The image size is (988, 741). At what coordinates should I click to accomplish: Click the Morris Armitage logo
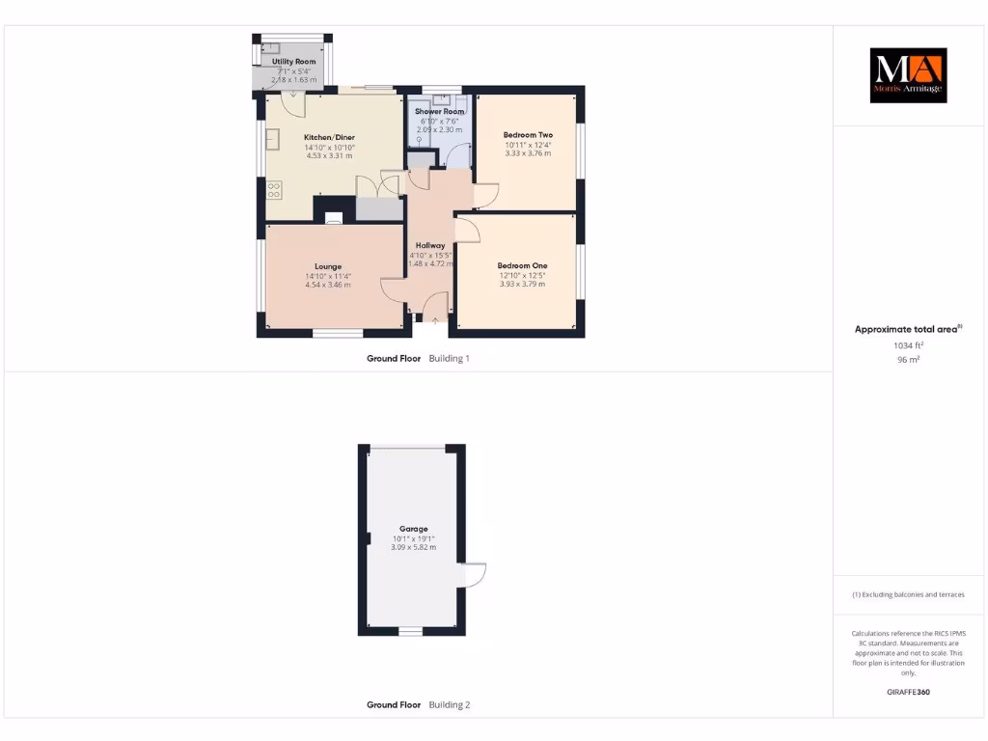908,75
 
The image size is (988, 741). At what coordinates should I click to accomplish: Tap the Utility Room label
293,62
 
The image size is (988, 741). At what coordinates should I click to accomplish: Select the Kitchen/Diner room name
329,137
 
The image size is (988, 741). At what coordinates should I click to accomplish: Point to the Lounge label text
328,266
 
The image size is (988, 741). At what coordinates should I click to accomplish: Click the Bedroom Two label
528,135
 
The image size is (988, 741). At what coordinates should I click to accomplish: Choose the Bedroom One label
522,265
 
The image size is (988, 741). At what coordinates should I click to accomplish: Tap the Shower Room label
439,112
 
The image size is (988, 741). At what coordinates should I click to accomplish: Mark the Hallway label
430,246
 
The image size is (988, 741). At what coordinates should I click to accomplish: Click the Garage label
414,529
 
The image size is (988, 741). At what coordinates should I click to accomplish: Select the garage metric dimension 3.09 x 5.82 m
414,547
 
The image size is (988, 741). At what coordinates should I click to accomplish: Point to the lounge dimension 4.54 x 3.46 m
328,285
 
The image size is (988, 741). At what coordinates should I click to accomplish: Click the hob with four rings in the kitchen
274,188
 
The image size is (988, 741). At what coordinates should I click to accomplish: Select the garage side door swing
475,574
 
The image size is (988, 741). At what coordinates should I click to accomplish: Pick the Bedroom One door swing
465,230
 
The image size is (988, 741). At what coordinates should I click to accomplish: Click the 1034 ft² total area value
908,344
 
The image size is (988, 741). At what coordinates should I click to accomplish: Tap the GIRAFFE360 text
908,692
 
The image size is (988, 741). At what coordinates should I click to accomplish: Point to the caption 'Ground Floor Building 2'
418,705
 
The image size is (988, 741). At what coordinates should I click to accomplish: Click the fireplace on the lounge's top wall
333,217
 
